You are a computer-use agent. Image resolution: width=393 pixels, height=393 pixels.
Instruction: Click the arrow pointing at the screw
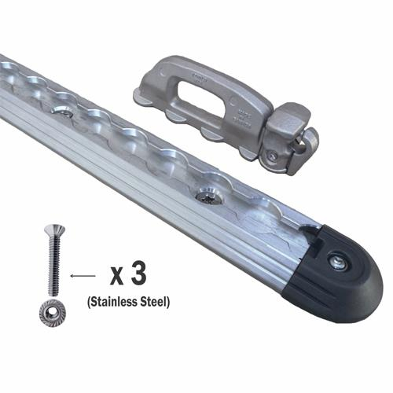point(83,276)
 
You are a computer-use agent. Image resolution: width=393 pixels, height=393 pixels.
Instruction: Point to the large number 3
point(141,276)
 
